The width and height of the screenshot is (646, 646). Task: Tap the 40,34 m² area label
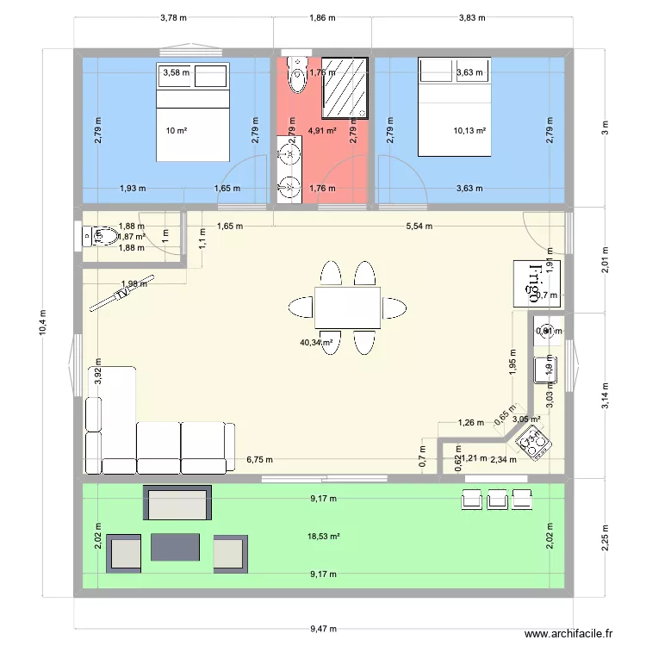[x=317, y=342]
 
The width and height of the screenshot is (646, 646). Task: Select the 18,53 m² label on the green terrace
[x=324, y=537]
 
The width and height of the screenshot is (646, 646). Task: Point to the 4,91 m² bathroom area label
[x=320, y=131]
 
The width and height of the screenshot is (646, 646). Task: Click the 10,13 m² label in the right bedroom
[x=469, y=131]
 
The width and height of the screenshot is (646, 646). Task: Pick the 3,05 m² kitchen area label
[x=526, y=419]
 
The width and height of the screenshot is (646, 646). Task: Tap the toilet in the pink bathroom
[x=298, y=75]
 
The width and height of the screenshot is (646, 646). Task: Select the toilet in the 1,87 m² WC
[x=97, y=235]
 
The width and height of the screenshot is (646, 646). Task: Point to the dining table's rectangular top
[x=347, y=307]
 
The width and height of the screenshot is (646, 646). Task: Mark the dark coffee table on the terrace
[x=176, y=546]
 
